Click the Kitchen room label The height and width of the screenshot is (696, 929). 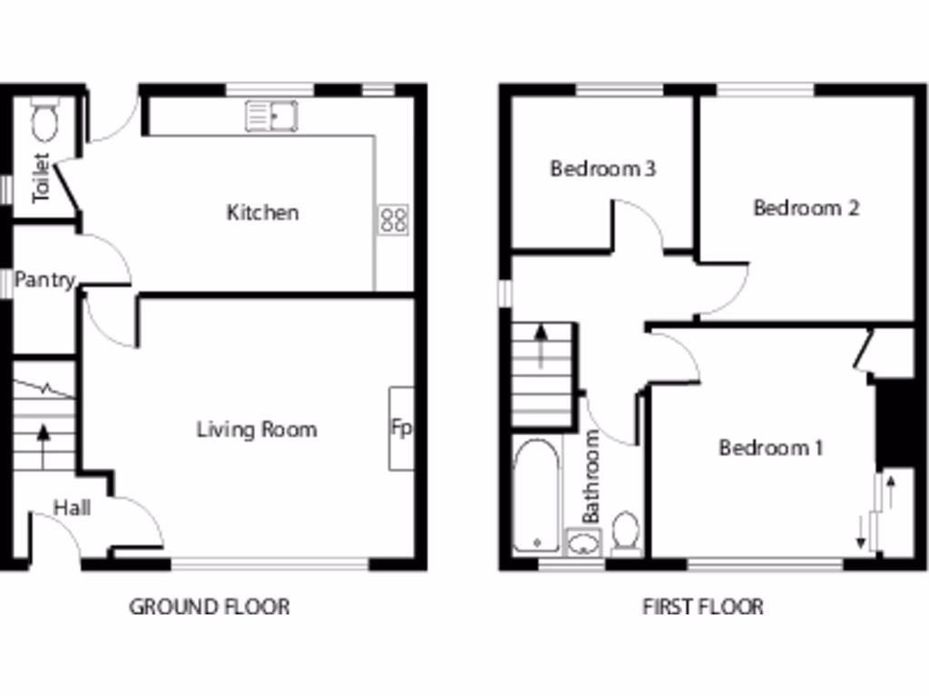click(x=262, y=213)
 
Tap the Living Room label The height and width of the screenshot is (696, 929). click(x=257, y=429)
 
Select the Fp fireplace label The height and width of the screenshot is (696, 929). click(x=400, y=427)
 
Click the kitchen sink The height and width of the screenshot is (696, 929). click(x=271, y=116)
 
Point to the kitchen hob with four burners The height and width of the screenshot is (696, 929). click(x=394, y=219)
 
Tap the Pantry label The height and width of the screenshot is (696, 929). click(x=44, y=281)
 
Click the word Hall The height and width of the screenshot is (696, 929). click(x=71, y=507)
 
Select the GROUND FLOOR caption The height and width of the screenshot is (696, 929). click(x=210, y=606)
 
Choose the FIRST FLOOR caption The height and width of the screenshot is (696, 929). click(x=703, y=606)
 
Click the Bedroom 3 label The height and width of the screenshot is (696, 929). click(x=603, y=169)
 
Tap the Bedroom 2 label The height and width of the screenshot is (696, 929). click(x=807, y=208)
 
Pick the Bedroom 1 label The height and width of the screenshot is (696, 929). click(x=771, y=448)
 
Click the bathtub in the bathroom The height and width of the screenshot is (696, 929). click(x=536, y=497)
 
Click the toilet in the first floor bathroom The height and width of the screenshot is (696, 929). click(x=625, y=534)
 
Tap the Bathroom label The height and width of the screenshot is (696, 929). click(x=592, y=476)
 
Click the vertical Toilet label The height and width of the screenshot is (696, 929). click(x=41, y=178)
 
